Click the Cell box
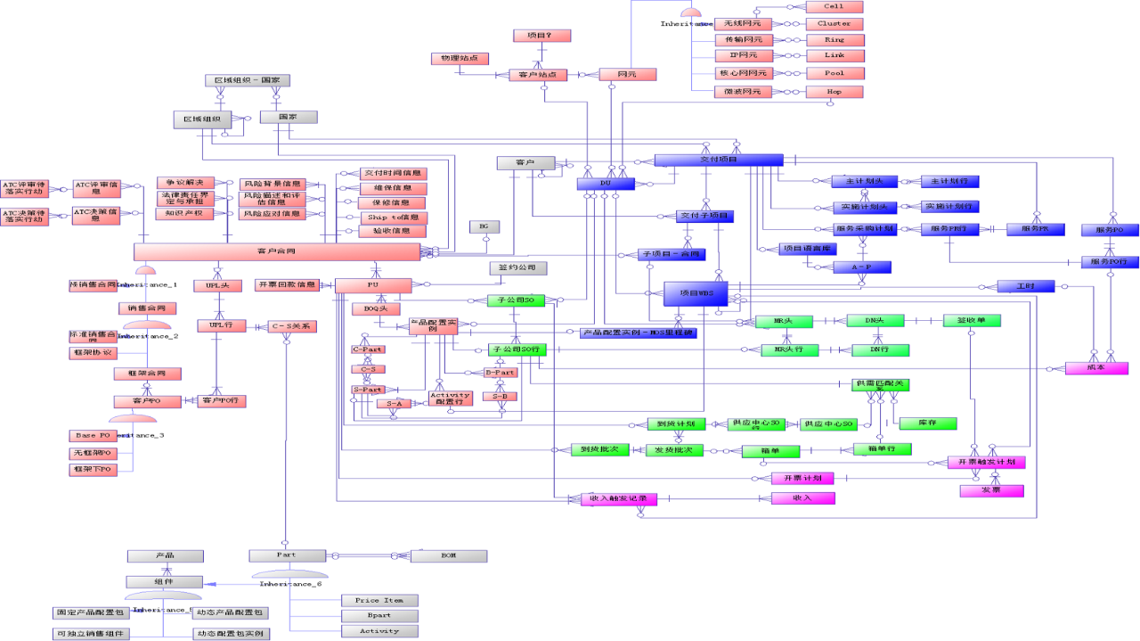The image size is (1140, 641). pos(834,6)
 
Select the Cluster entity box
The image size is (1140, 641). pos(834,23)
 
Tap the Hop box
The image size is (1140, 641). pos(834,91)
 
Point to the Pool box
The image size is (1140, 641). pos(834,73)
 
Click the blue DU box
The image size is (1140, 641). pos(605,184)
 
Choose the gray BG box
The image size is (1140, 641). pos(484,226)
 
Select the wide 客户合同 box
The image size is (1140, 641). pos(277,252)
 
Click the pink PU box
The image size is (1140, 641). pos(373,285)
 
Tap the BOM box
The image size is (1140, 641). pos(448,555)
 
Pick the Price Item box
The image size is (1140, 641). pos(379,600)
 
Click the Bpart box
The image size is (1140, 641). pos(379,615)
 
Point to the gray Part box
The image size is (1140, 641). pos(286,555)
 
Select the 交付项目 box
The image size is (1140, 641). pos(719,160)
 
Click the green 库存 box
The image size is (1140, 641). pos(927,423)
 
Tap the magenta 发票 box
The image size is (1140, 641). pos(991,490)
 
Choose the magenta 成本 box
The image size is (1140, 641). pos(1096,368)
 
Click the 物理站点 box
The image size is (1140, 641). pos(460,58)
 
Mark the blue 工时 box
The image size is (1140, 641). pos(1025,286)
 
